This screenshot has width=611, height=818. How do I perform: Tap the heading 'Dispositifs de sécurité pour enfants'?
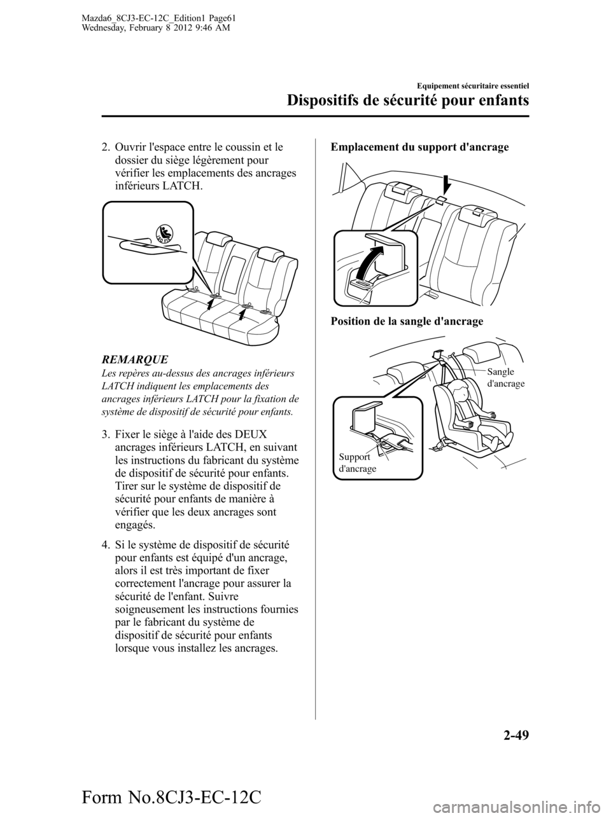(x=407, y=100)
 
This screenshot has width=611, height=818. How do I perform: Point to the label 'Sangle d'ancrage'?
(x=506, y=377)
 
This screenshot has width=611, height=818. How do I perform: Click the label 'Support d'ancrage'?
(x=357, y=462)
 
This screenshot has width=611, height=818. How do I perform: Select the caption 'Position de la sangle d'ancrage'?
(x=407, y=321)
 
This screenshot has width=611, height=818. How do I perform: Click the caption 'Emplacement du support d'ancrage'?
(x=419, y=147)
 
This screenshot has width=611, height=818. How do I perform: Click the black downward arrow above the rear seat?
(x=447, y=182)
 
